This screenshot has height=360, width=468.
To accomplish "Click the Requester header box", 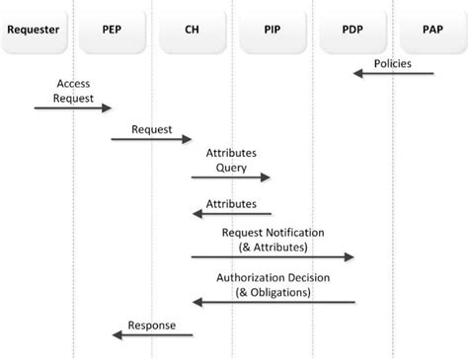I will pyautogui.click(x=33, y=30).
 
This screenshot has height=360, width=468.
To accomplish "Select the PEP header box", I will pyautogui.click(x=112, y=30).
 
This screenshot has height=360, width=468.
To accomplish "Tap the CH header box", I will pyautogui.click(x=192, y=30).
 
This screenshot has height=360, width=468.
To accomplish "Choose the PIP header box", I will pyautogui.click(x=272, y=30).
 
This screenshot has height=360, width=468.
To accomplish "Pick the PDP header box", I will pyautogui.click(x=352, y=30).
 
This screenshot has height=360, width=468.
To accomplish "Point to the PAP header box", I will pyautogui.click(x=431, y=30).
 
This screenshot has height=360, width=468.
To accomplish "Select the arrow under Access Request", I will pyautogui.click(x=73, y=108).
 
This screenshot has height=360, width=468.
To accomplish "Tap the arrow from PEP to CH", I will pyautogui.click(x=151, y=139).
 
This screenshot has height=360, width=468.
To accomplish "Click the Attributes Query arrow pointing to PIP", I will pyautogui.click(x=231, y=179).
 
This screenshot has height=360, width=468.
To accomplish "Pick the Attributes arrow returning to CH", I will pyautogui.click(x=231, y=213).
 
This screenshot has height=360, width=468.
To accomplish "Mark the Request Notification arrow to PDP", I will pyautogui.click(x=273, y=257).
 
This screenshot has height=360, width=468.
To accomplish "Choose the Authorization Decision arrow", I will pyautogui.click(x=273, y=302).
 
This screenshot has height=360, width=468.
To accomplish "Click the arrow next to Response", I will pyautogui.click(x=152, y=335).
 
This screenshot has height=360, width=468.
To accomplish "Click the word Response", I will pyautogui.click(x=152, y=324).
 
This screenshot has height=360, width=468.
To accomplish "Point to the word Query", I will pyautogui.click(x=231, y=167).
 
